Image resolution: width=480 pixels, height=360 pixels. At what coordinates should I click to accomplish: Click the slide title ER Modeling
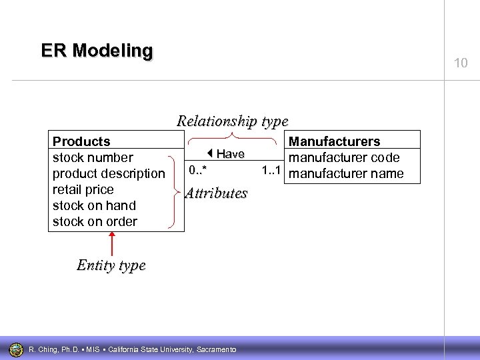(x=97, y=51)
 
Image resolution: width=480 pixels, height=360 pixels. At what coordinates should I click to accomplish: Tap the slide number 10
(x=461, y=63)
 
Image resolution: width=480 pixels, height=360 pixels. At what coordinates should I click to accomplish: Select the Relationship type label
(x=232, y=121)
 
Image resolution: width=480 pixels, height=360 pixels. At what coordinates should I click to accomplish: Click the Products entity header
(x=81, y=141)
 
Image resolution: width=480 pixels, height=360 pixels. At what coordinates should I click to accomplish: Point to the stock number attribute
(x=93, y=157)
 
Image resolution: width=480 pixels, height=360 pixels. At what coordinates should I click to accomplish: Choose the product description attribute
(x=108, y=173)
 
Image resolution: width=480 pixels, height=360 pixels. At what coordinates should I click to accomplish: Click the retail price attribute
(x=83, y=189)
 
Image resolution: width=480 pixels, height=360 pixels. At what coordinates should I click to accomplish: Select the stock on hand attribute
(x=94, y=205)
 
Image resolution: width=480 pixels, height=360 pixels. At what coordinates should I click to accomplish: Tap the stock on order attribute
(x=95, y=221)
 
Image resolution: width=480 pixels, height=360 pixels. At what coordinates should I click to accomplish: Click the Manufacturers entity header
(x=334, y=141)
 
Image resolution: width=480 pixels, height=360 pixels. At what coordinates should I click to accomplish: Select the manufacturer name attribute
(x=347, y=173)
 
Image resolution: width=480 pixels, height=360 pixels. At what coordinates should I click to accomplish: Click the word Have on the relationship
(x=230, y=154)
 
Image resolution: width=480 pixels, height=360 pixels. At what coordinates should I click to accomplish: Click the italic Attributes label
(x=215, y=193)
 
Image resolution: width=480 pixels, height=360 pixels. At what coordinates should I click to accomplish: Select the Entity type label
(x=111, y=265)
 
